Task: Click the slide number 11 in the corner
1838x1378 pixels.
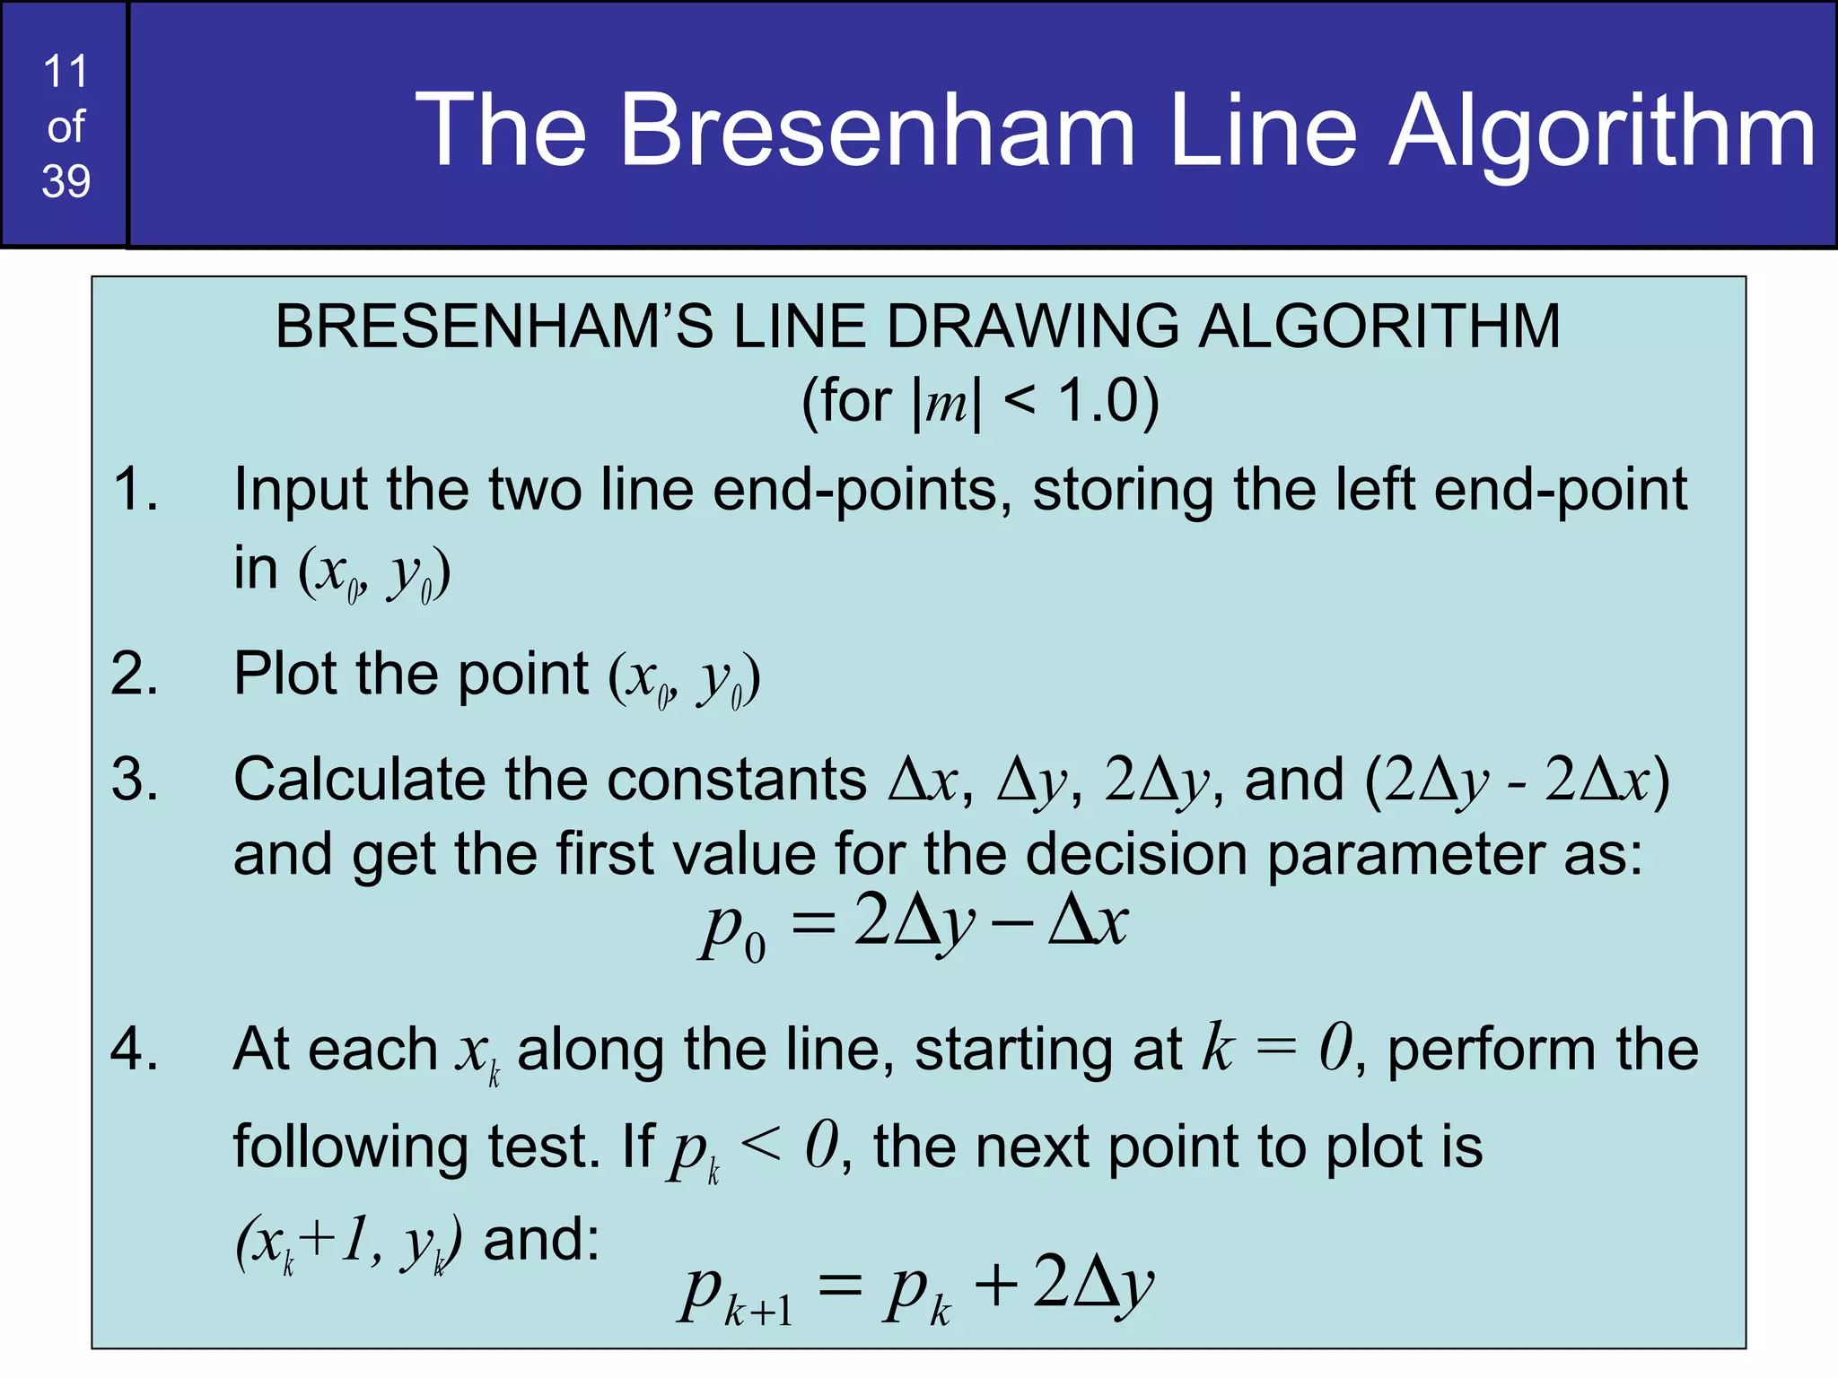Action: tap(66, 71)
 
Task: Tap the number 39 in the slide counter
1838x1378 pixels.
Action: tap(66, 181)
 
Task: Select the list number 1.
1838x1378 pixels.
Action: tap(135, 490)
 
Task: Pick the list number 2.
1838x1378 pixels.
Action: tap(135, 674)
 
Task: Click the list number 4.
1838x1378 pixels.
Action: tap(135, 1049)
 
